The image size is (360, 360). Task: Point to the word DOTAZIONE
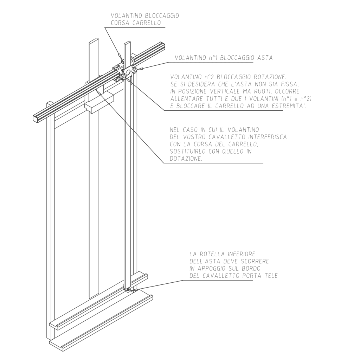pos(186,159)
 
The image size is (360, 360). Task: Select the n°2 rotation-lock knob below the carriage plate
pos(124,77)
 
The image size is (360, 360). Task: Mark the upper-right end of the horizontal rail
pos(162,45)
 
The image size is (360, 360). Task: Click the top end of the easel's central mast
pos(94,40)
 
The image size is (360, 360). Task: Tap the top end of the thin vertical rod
pos(127,42)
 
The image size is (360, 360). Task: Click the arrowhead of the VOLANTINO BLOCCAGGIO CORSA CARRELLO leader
pos(120,57)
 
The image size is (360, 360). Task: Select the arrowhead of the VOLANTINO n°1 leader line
pos(141,69)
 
